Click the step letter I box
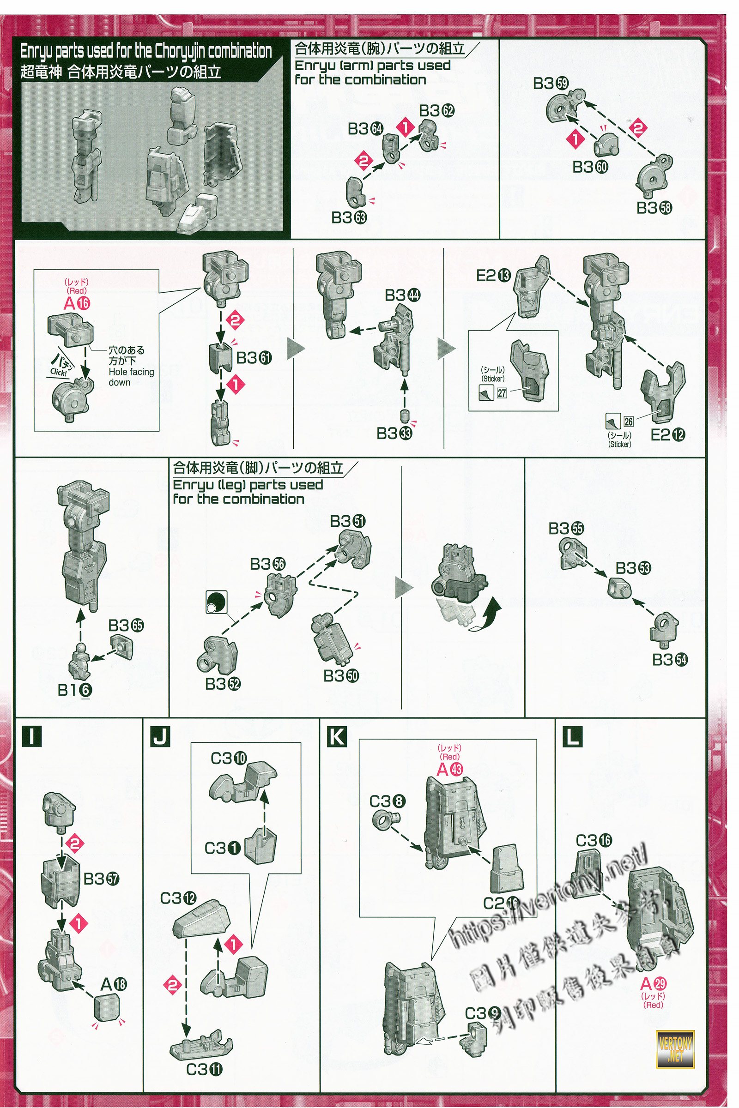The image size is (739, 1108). tap(31, 736)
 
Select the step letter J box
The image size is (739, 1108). tap(160, 736)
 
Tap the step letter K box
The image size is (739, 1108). tap(337, 736)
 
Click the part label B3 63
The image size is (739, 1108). tap(349, 217)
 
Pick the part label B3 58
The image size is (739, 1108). tap(654, 208)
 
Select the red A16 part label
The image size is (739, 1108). tap(76, 303)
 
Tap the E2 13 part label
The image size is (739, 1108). tap(493, 276)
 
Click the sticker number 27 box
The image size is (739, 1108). tap(502, 392)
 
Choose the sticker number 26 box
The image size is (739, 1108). tap(628, 422)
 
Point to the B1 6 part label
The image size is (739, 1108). tap(75, 690)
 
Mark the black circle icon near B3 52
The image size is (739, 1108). tap(216, 602)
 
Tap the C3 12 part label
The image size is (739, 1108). tap(178, 898)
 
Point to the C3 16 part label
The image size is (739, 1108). tap(594, 840)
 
